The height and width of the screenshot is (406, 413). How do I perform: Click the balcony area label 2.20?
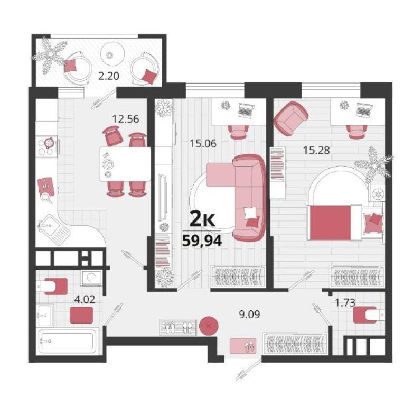click(108, 76)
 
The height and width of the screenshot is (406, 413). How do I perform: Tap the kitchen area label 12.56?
click(126, 119)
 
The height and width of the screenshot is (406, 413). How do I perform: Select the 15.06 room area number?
click(203, 144)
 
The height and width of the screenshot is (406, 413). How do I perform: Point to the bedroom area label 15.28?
click(316, 151)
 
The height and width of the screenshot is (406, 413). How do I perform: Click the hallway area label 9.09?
click(249, 314)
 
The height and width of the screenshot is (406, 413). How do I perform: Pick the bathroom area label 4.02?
click(85, 300)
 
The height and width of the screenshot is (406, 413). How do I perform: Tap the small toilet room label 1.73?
click(345, 303)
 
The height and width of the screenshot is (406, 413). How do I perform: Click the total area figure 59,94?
click(202, 241)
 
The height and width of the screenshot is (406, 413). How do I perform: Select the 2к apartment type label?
click(203, 220)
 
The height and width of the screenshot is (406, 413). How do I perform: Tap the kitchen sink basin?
click(48, 225)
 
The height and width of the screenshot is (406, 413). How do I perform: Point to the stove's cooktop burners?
click(46, 147)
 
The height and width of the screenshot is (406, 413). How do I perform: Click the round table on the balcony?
click(112, 55)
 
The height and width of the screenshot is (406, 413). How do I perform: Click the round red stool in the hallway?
click(209, 326)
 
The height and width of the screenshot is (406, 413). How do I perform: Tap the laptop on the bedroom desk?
click(365, 109)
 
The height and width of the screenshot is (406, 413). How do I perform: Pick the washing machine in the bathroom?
click(91, 278)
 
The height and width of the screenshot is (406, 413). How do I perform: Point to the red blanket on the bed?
click(330, 223)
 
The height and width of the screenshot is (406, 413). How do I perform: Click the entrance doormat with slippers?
click(243, 346)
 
